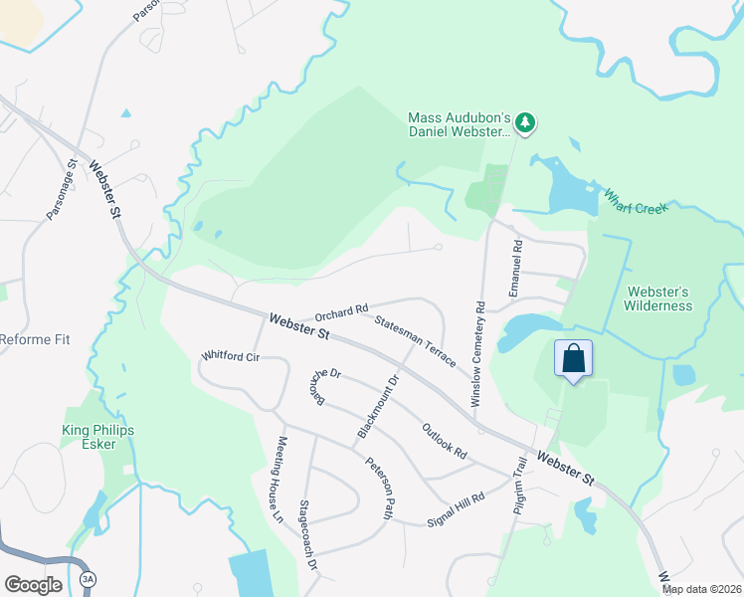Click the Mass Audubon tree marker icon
pyautogui.click(x=525, y=123)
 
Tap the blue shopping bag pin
pyautogui.click(x=574, y=359)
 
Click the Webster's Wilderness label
pyautogui.click(x=658, y=298)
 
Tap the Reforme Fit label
pyautogui.click(x=35, y=339)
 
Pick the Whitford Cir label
pyautogui.click(x=230, y=355)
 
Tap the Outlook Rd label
pyautogui.click(x=444, y=441)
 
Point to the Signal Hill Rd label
pyautogui.click(x=456, y=507)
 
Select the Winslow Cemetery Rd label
pyautogui.click(x=478, y=353)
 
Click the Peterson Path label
pyautogui.click(x=380, y=488)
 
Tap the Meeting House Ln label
pyautogui.click(x=281, y=479)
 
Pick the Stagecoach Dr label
pyautogui.click(x=310, y=533)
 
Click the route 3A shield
pyautogui.click(x=89, y=578)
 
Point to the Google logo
pyautogui.click(x=33, y=584)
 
